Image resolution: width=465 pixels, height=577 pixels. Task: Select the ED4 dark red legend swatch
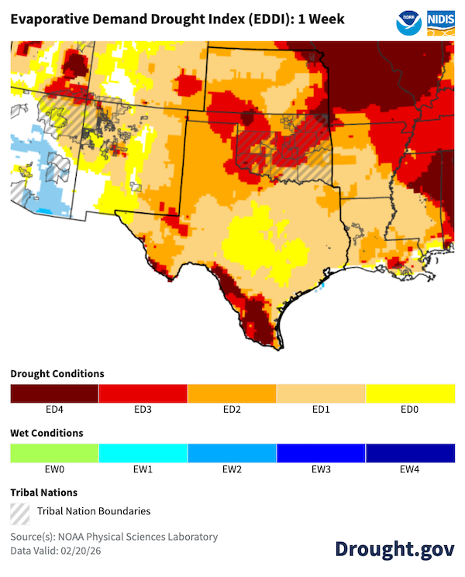click(54, 393)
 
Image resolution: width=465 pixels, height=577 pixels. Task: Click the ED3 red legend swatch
click(143, 393)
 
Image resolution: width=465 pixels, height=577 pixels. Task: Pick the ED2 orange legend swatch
click(232, 393)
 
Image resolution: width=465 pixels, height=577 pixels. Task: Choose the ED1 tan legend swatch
click(321, 393)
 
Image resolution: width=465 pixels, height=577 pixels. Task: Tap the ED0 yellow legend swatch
click(410, 393)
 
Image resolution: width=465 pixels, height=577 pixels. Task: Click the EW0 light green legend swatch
click(54, 452)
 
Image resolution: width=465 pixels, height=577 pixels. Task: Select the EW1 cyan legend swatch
click(143, 452)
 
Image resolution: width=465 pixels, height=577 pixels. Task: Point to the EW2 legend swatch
click(232, 452)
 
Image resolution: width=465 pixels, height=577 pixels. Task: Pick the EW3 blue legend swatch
click(321, 452)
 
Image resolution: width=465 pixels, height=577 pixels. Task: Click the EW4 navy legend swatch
click(410, 452)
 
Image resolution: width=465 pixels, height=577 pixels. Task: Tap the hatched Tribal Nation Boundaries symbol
click(20, 511)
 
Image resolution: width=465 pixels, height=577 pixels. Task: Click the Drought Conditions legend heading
click(57, 373)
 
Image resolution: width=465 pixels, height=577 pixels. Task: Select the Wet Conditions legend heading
click(46, 433)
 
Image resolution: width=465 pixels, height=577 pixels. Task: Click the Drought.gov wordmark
click(394, 548)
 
